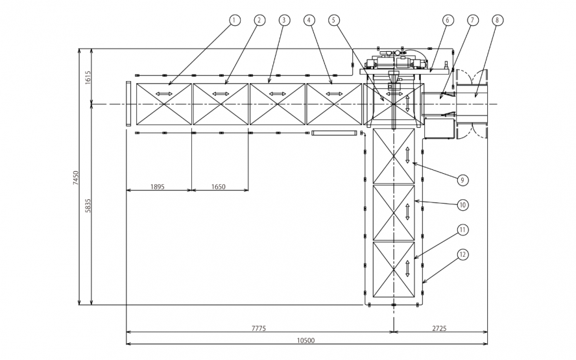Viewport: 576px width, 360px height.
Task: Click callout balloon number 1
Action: pyautogui.click(x=234, y=20)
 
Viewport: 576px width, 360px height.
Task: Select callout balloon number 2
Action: pyautogui.click(x=259, y=20)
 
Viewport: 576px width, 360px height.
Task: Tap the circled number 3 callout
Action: pyautogui.click(x=283, y=20)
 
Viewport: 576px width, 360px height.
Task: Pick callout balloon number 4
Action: pyautogui.click(x=309, y=20)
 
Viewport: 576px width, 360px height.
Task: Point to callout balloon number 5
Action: pyautogui.click(x=334, y=20)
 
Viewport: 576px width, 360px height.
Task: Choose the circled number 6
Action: pyautogui.click(x=447, y=20)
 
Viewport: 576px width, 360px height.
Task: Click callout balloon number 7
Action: pyautogui.click(x=472, y=20)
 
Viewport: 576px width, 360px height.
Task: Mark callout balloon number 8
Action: pyautogui.click(x=497, y=20)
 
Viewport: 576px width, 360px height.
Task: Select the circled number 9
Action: pyautogui.click(x=462, y=179)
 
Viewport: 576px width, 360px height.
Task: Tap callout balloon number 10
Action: pyautogui.click(x=462, y=204)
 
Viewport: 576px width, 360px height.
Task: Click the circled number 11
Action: pyautogui.click(x=462, y=230)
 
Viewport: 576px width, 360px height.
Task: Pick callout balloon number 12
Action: pyautogui.click(x=462, y=255)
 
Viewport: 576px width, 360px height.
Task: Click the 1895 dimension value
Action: pyautogui.click(x=157, y=186)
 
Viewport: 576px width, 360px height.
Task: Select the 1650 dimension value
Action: pyautogui.click(x=219, y=186)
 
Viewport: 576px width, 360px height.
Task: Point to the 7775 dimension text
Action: pyautogui.click(x=258, y=328)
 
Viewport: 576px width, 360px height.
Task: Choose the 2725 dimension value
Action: pyautogui.click(x=439, y=328)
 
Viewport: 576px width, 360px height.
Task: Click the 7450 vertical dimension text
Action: pyautogui.click(x=76, y=178)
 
